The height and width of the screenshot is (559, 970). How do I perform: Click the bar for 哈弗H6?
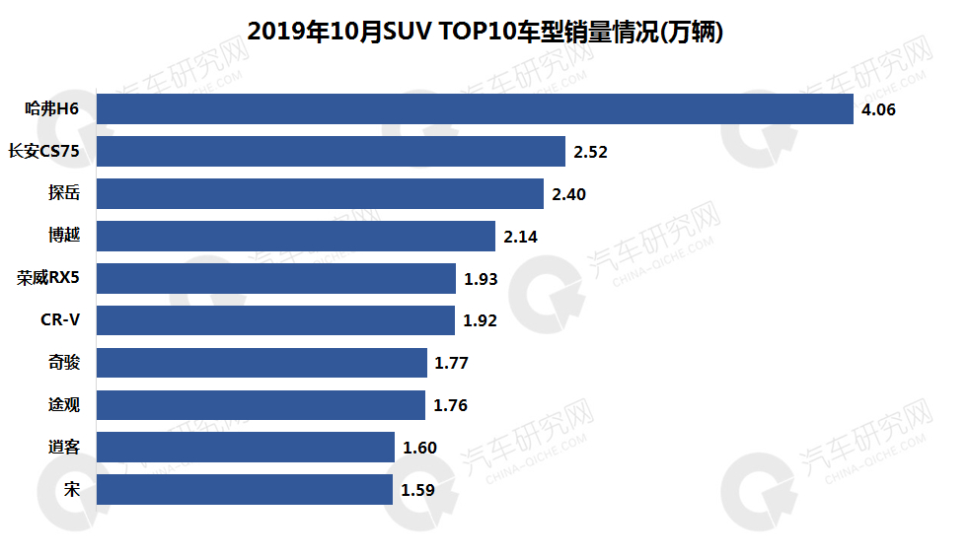point(475,108)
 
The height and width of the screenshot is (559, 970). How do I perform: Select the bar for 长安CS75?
point(331,151)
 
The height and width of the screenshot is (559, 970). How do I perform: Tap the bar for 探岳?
point(320,193)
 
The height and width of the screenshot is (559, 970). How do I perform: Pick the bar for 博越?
point(296,236)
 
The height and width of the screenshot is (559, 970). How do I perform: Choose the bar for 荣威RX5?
point(276,278)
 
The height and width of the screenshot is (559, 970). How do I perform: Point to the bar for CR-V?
point(275,320)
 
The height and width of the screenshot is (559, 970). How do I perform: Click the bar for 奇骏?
point(261,363)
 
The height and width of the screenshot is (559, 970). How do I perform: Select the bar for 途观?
point(261,405)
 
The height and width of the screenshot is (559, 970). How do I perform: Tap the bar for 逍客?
point(246,448)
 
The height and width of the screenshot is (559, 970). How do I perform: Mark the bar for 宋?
point(245,490)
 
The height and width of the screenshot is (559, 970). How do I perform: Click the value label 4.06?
point(878,109)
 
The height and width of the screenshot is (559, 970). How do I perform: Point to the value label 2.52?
point(590,152)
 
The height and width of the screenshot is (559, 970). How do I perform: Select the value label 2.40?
point(568,194)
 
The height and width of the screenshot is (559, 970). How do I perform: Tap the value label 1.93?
point(481,279)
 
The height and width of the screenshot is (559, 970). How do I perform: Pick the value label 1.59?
point(417,490)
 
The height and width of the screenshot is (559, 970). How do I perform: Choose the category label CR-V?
point(58,320)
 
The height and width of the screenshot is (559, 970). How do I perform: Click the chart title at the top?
point(485,32)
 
